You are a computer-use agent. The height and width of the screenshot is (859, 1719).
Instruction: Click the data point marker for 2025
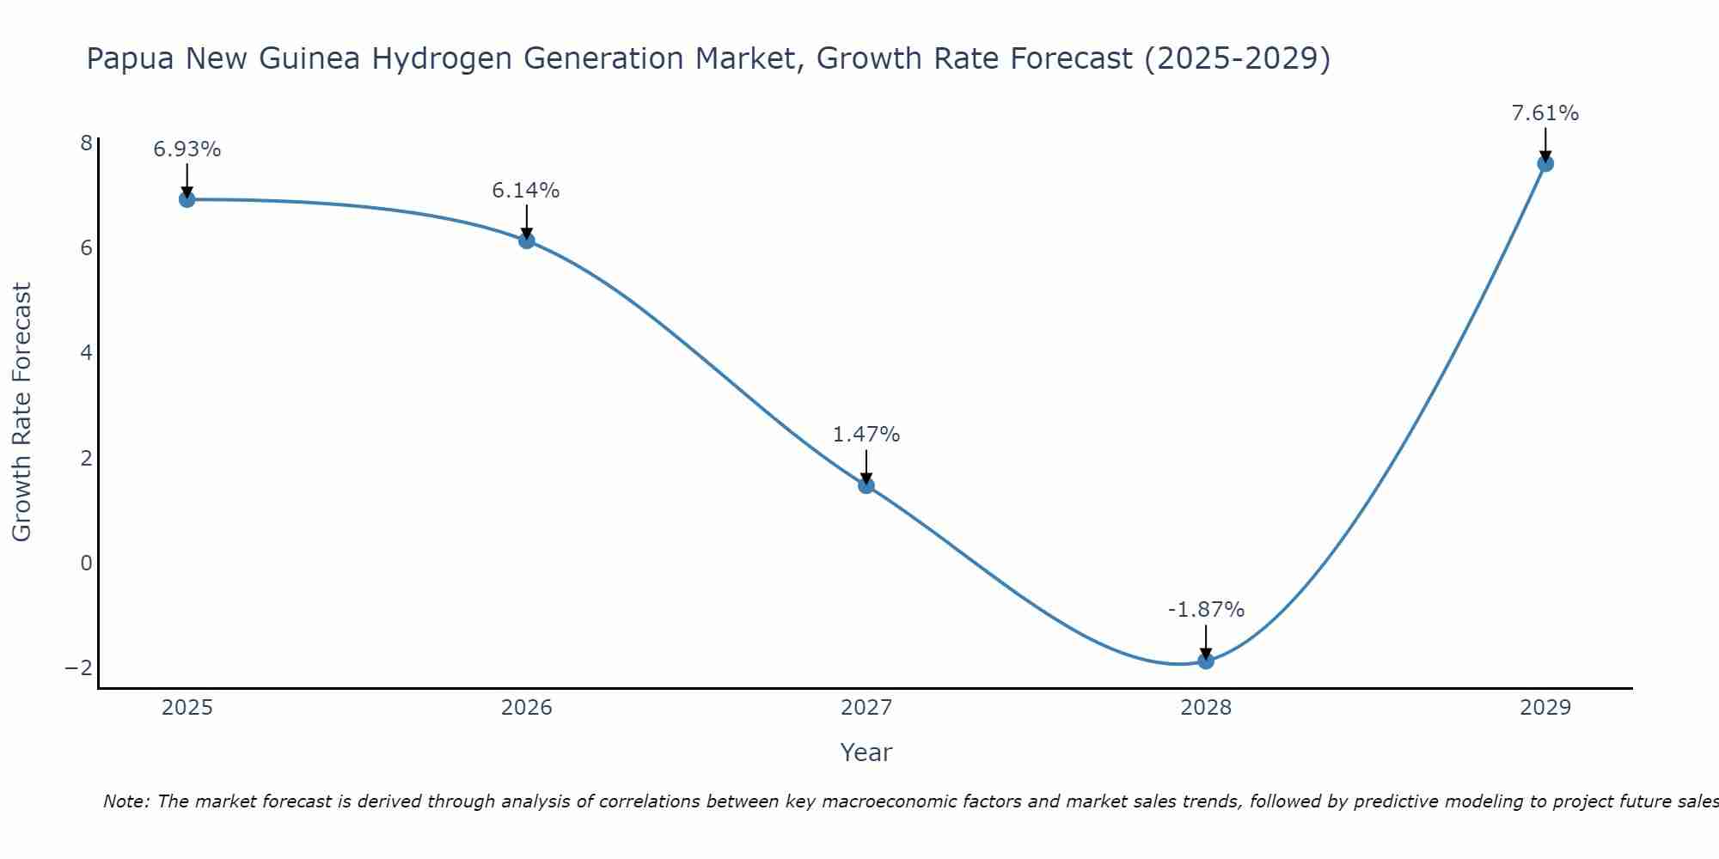click(187, 199)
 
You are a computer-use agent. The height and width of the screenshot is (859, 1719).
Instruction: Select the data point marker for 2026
click(527, 241)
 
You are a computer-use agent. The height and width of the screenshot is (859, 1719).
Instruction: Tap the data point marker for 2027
click(866, 485)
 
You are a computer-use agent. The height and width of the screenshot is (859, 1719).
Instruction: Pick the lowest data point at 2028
click(1206, 661)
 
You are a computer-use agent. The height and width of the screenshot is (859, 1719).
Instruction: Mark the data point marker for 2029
click(1545, 163)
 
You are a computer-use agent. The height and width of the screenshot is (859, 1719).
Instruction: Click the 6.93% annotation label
click(187, 149)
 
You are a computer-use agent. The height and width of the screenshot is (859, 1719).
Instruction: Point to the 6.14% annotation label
click(526, 191)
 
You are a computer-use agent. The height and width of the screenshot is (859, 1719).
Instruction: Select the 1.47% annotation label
click(866, 435)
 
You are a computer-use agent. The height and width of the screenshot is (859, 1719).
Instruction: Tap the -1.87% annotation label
click(1206, 610)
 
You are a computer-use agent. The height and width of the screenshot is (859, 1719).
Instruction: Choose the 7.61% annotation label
click(1545, 113)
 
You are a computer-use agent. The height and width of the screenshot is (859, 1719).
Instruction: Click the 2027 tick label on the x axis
click(866, 708)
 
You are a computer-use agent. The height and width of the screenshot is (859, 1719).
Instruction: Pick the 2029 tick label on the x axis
click(1545, 708)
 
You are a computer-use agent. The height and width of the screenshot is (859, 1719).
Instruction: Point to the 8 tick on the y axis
click(86, 143)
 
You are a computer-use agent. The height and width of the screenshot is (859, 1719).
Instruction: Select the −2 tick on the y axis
click(78, 667)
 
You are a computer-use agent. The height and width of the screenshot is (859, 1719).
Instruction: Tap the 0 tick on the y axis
click(86, 563)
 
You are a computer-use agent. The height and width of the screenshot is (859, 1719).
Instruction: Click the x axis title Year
click(866, 752)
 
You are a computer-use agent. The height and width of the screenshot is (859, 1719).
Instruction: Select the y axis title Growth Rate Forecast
click(22, 412)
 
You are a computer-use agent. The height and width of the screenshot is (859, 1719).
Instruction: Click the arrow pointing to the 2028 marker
click(1206, 641)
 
